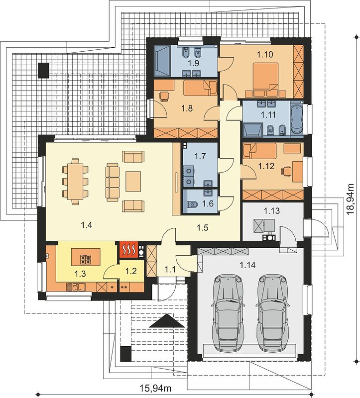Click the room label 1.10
265,54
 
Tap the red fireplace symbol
128,250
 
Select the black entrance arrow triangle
167,320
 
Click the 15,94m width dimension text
155,388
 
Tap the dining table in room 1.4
75,181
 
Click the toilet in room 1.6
192,204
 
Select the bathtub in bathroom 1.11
296,119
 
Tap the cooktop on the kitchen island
85,259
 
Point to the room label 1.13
271,210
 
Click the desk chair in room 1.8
164,97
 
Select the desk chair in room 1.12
286,171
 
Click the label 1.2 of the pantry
131,271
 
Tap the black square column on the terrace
43,70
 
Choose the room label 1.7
200,156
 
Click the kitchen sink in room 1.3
79,287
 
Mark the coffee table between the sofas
133,181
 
